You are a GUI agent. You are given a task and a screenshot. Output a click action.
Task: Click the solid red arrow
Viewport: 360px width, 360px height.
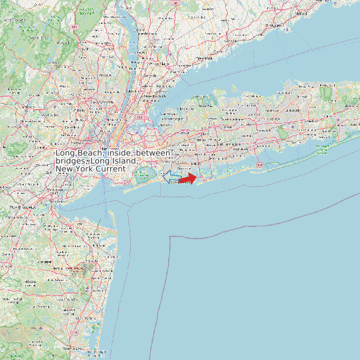point(189,178)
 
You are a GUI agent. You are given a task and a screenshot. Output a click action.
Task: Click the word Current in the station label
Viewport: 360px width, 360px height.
point(109,169)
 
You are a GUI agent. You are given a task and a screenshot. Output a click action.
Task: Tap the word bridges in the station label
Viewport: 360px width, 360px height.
point(70,161)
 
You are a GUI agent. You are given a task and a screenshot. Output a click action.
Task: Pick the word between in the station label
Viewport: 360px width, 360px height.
point(153,153)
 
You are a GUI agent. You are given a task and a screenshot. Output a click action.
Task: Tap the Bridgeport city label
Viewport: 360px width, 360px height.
point(270,25)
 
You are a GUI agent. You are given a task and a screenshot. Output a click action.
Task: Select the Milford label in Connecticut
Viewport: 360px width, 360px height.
point(302,12)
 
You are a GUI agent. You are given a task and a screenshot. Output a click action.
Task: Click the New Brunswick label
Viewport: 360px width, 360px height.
point(21,207)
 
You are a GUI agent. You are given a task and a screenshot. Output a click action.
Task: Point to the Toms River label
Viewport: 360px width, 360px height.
point(71,348)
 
